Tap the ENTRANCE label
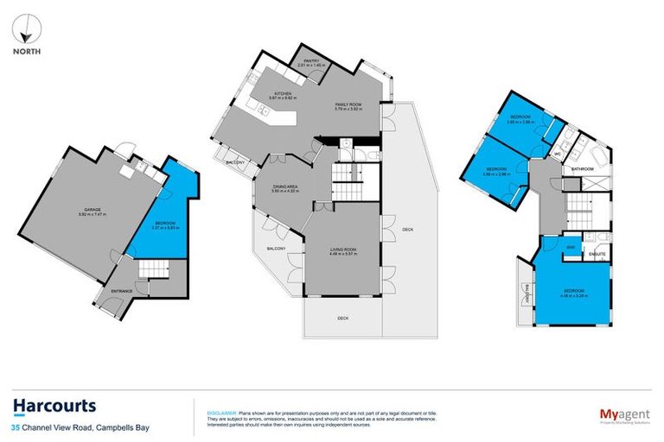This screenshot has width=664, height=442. click(121, 291)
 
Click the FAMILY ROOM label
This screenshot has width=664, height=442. click(348, 104)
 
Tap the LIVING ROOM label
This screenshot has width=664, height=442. click(342, 249)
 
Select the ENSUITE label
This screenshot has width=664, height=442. click(597, 255)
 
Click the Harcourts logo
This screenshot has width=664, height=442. click(54, 407)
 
